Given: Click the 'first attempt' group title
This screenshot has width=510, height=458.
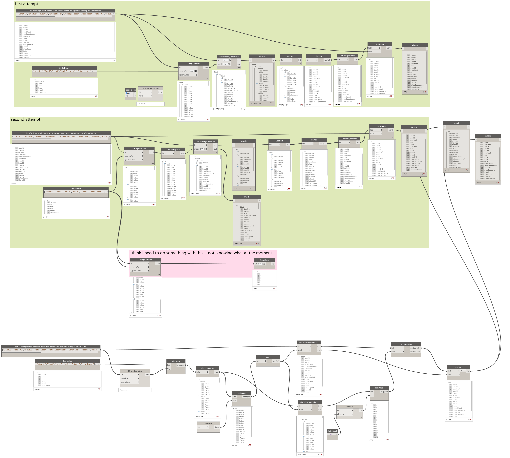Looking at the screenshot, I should coord(26,4).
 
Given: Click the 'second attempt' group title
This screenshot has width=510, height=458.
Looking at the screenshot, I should coord(25,119).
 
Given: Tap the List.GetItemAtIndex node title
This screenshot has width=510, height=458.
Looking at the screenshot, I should coord(150,89).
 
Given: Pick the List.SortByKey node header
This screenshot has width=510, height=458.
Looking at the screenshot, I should coord(406,344).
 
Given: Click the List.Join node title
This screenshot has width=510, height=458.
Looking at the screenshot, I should coord(458,367).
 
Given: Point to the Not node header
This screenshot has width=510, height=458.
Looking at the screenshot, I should coord(268,357).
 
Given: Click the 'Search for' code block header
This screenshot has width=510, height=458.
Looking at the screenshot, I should coord(67,361).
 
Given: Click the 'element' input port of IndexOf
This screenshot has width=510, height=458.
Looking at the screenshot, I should coord(341,414).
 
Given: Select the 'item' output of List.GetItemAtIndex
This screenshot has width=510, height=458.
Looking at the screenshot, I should coord(160,92).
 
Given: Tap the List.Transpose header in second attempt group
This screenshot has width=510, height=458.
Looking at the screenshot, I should coord(173,150).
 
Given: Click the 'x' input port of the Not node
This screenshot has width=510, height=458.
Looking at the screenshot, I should coord(258,361).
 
